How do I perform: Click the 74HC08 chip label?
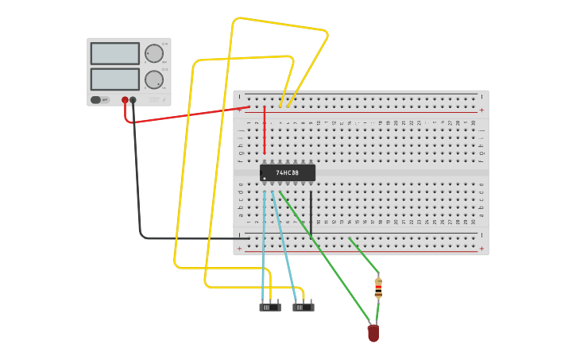pyautogui.click(x=288, y=172)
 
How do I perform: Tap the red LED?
pyautogui.click(x=373, y=333)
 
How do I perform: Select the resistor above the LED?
pyautogui.click(x=378, y=287)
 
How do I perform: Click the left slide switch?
pyautogui.click(x=270, y=306)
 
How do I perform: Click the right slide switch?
pyautogui.click(x=303, y=306)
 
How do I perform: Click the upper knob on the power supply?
pyautogui.click(x=153, y=53)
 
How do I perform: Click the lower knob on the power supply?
pyautogui.click(x=153, y=79)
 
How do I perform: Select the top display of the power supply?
pyautogui.click(x=115, y=53)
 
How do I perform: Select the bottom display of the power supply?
pyautogui.click(x=115, y=79)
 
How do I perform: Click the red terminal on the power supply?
pyautogui.click(x=125, y=100)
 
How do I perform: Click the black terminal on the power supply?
pyautogui.click(x=133, y=100)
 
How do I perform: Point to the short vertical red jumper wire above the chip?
pyautogui.click(x=265, y=131)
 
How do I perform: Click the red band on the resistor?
pyautogui.click(x=378, y=288)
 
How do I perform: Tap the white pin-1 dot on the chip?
pyautogui.click(x=265, y=178)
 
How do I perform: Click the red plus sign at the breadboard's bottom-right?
pyautogui.click(x=481, y=249)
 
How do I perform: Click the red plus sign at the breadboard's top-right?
pyautogui.click(x=481, y=110)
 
